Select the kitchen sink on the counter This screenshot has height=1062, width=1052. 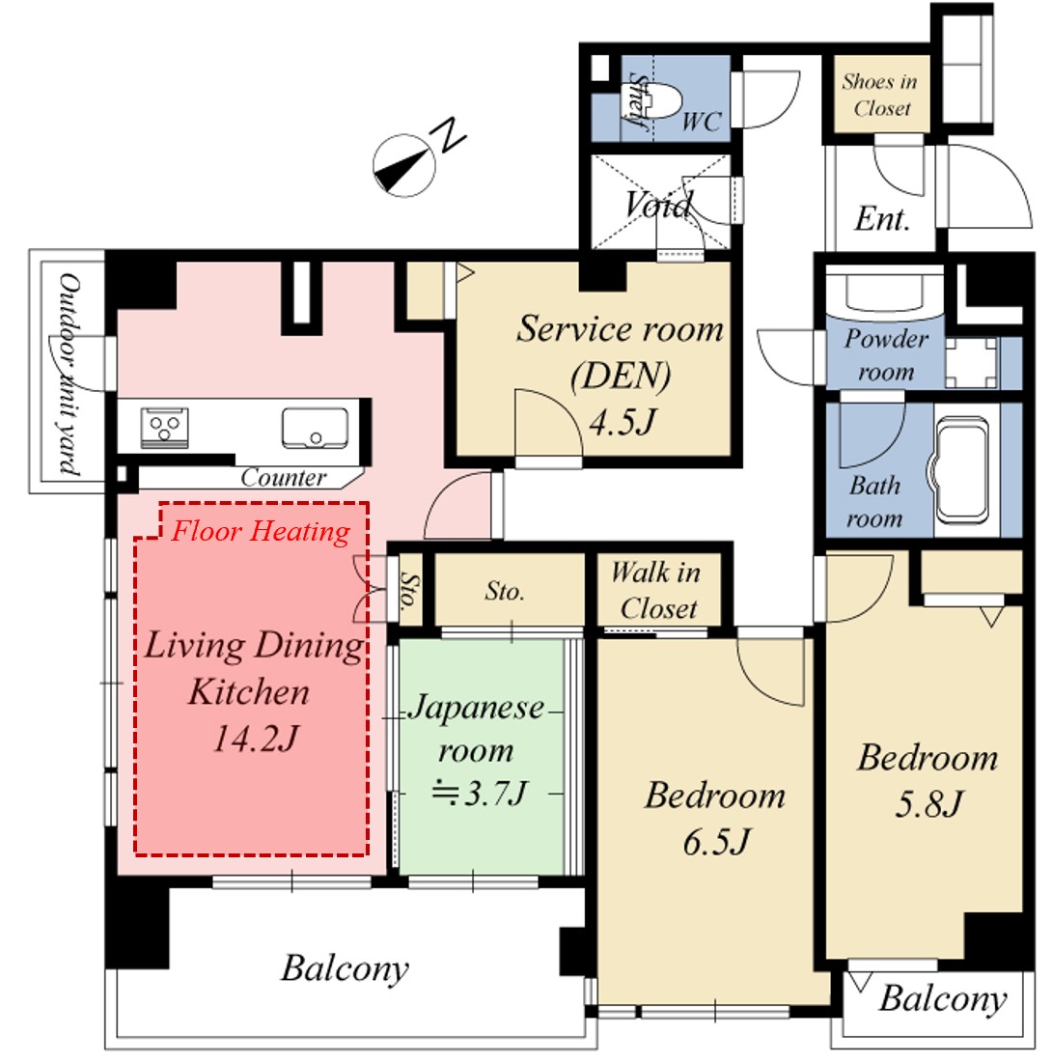click(x=315, y=428)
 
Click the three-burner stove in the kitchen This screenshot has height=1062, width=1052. click(x=164, y=428)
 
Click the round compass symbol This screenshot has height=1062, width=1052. click(x=404, y=165)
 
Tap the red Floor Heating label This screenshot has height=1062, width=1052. click(x=262, y=531)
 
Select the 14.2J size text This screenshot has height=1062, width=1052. click(x=256, y=738)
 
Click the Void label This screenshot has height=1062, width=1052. click(x=658, y=204)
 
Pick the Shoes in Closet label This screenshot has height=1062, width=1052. click(x=880, y=95)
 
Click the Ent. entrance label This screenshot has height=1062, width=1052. click(x=882, y=219)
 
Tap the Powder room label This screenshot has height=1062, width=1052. click(x=886, y=355)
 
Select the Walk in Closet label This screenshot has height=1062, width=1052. click(x=656, y=591)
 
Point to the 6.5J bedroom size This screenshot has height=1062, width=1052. click(x=716, y=843)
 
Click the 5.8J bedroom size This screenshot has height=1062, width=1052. click(x=928, y=804)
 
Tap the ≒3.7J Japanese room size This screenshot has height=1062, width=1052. click(x=480, y=793)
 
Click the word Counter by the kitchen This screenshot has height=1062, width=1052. click(x=283, y=478)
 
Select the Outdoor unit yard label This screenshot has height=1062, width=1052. click(x=69, y=375)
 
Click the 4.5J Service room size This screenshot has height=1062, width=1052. click(x=623, y=423)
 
